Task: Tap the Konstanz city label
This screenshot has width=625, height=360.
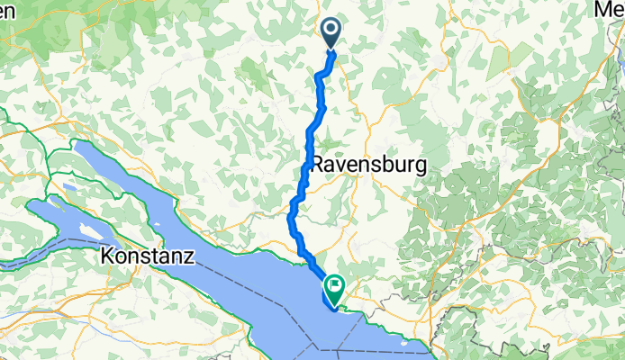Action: tap(148, 256)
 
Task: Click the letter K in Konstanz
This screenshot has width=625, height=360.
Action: tap(107, 256)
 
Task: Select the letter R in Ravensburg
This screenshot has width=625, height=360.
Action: tap(317, 166)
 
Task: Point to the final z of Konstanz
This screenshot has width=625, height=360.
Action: tap(189, 256)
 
